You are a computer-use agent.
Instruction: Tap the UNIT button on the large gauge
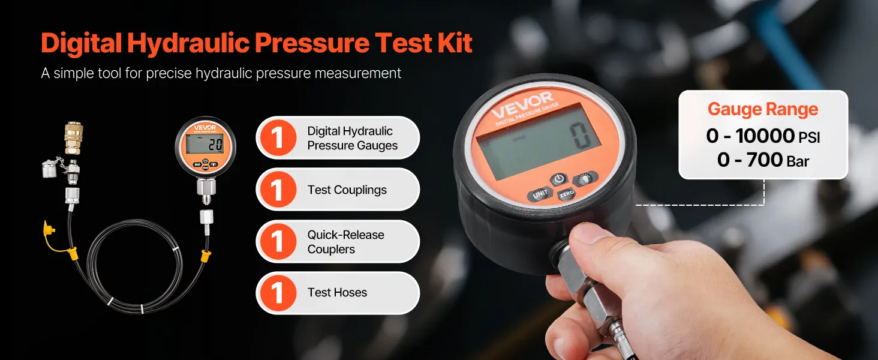click(x=540, y=194)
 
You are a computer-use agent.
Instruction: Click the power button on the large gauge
click(x=559, y=179)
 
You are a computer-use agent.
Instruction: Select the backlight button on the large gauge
click(x=585, y=179)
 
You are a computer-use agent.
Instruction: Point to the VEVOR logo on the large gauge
click(x=522, y=104)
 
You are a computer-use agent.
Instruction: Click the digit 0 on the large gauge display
click(x=580, y=136)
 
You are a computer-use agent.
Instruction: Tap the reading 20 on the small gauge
click(x=215, y=145)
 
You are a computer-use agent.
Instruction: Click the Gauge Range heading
click(x=763, y=109)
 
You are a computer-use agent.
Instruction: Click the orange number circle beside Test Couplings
click(x=278, y=190)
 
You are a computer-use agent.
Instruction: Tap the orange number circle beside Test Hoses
click(x=278, y=293)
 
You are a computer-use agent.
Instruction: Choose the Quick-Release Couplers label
click(x=345, y=242)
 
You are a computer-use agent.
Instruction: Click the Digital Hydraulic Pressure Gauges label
click(x=352, y=138)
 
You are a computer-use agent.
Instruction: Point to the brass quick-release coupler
click(x=73, y=138)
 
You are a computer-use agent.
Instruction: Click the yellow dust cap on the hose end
click(x=49, y=235)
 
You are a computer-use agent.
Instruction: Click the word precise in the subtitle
click(x=169, y=73)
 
